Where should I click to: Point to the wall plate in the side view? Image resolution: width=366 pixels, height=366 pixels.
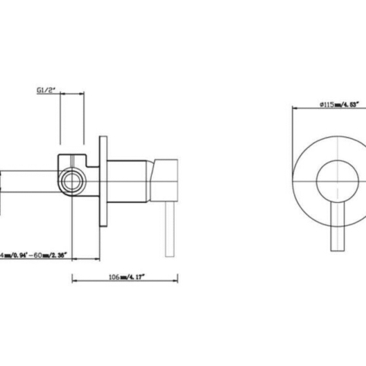pos(102,181)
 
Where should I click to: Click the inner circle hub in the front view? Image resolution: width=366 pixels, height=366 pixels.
pos(335,180)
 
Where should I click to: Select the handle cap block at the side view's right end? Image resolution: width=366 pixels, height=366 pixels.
pos(167,179)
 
